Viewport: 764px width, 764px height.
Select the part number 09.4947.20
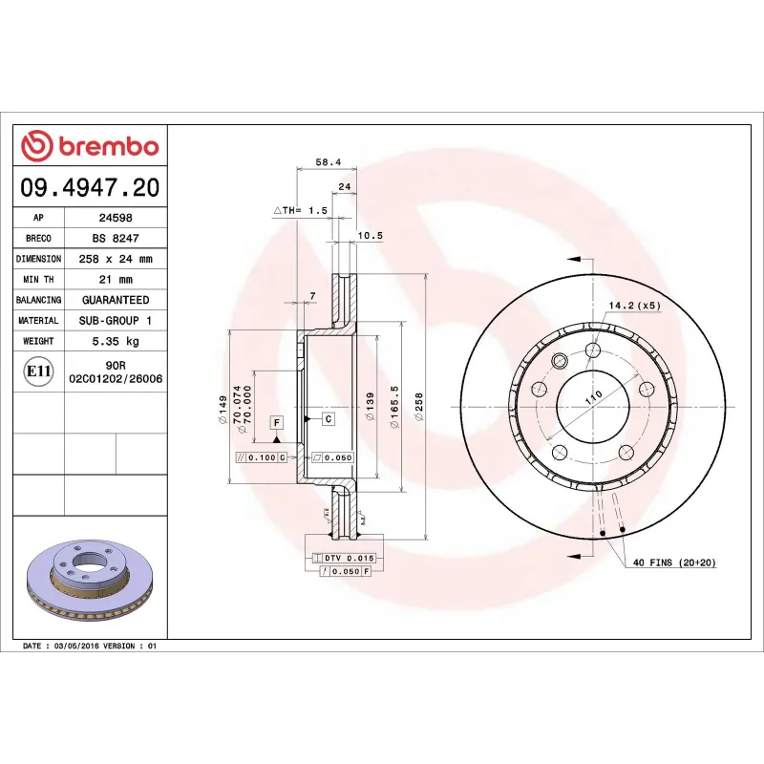tap(90, 187)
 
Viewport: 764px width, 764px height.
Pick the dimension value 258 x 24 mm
tap(115, 259)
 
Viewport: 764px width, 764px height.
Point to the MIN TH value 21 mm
tap(115, 280)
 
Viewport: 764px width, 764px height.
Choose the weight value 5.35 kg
tap(115, 341)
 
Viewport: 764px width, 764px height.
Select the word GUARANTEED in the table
tap(115, 300)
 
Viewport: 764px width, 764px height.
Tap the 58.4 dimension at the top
tap(329, 162)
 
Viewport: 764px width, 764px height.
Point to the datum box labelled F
tap(277, 421)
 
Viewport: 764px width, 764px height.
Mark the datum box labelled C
tap(328, 418)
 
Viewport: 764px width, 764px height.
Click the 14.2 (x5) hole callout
tap(634, 306)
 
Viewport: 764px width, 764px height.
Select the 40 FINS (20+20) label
tap(674, 563)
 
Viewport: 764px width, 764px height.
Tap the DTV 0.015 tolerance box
tap(342, 557)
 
